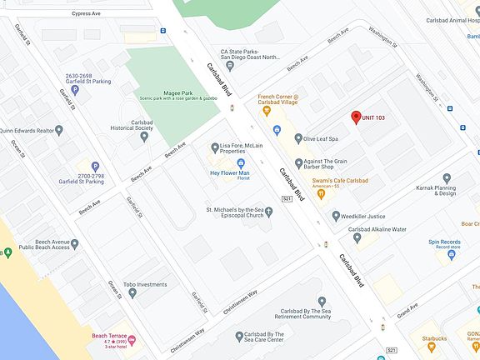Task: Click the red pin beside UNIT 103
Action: tap(356, 117)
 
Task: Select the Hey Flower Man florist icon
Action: tap(241, 162)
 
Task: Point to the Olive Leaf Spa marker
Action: tap(297, 139)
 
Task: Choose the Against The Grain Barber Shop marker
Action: tap(297, 162)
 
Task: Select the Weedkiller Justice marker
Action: tap(337, 216)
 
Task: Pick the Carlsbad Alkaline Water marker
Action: tap(357, 237)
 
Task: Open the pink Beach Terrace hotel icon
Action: tap(132, 340)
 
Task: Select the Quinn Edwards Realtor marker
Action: tap(71, 130)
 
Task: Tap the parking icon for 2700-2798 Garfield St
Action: tap(94, 166)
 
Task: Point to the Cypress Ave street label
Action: tap(86, 14)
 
